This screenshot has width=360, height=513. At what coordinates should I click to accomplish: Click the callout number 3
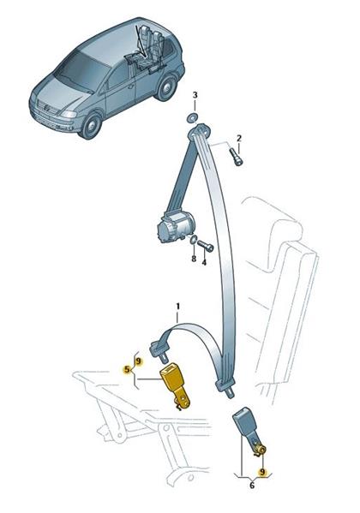pyautogui.click(x=195, y=95)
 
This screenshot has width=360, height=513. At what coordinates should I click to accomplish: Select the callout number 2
pyautogui.click(x=239, y=138)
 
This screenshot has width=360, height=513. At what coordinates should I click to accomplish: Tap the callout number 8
pyautogui.click(x=194, y=259)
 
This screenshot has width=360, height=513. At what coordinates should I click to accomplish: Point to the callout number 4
pyautogui.click(x=204, y=262)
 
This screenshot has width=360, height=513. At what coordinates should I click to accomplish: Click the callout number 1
pyautogui.click(x=178, y=307)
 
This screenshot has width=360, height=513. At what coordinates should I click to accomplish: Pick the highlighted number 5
pyautogui.click(x=126, y=370)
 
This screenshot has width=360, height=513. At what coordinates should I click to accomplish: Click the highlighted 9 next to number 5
pyautogui.click(x=138, y=361)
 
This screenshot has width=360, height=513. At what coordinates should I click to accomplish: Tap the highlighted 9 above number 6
pyautogui.click(x=261, y=472)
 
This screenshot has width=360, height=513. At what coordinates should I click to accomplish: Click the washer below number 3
pyautogui.click(x=192, y=118)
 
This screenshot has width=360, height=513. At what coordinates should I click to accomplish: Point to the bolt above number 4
pyautogui.click(x=206, y=245)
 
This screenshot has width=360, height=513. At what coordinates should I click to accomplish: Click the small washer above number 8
pyautogui.click(x=193, y=241)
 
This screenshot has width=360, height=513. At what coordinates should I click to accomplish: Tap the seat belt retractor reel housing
pyautogui.click(x=174, y=226)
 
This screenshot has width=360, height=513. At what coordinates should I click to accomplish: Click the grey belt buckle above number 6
pyautogui.click(x=249, y=432)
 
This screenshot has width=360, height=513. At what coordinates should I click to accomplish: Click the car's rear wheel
pyautogui.click(x=165, y=88)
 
